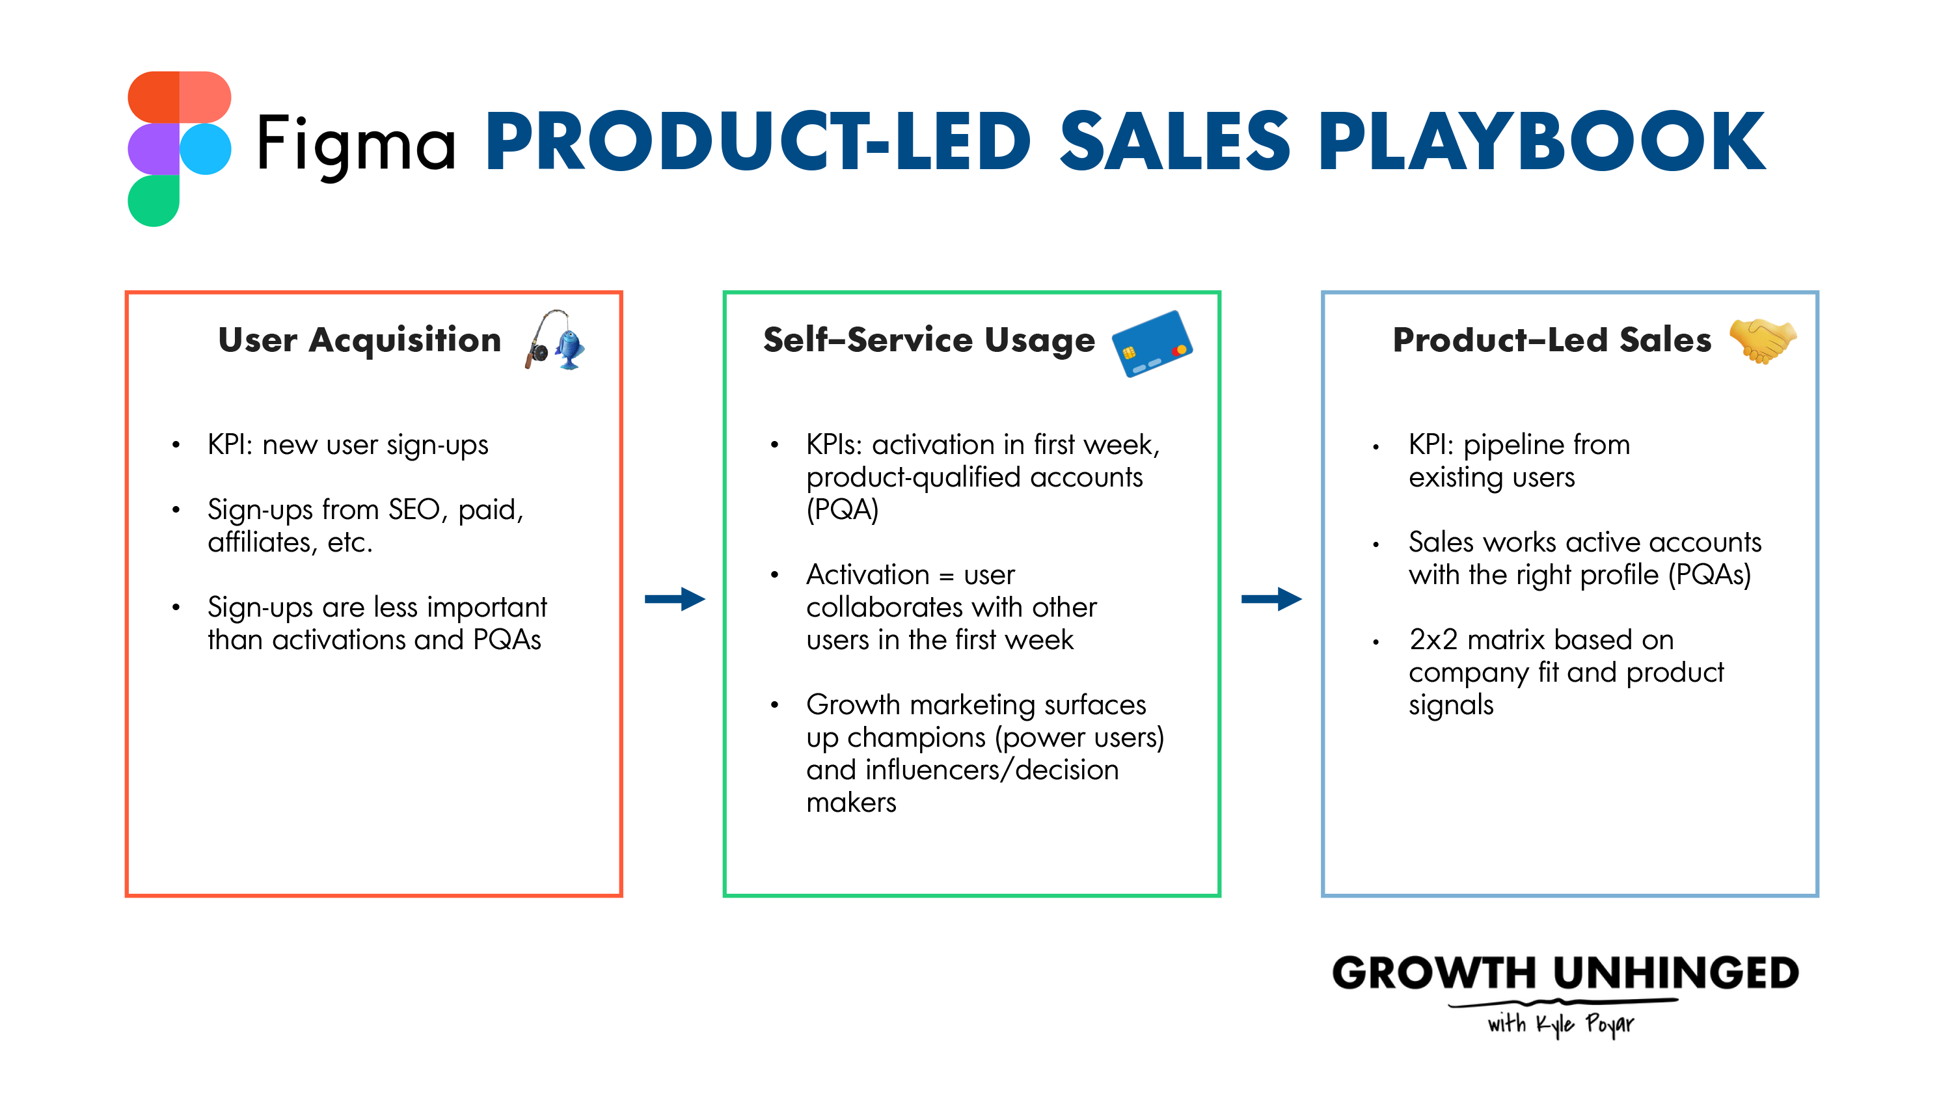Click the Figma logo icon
point(180,148)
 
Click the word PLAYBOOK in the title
point(1541,141)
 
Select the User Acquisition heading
point(360,340)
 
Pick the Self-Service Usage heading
point(929,340)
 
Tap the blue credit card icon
point(1152,343)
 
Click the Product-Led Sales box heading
point(1552,340)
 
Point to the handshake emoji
point(1763,340)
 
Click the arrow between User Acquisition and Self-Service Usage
point(674,599)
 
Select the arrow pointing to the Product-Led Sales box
point(1271,599)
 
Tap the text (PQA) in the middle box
point(842,509)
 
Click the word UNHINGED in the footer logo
point(1676,973)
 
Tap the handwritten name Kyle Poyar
point(1585,1024)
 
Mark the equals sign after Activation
point(947,576)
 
